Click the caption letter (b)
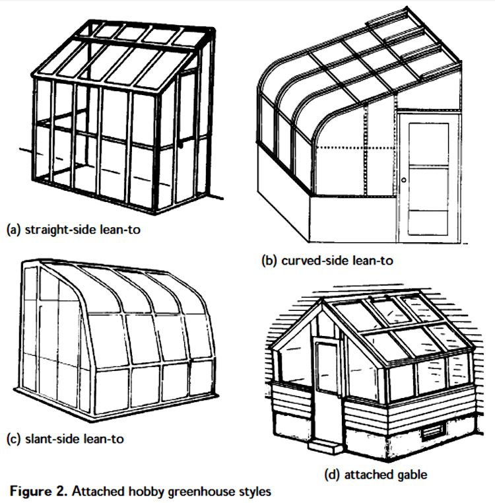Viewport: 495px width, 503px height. pos(269,260)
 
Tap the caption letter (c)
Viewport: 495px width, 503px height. pos(13,438)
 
